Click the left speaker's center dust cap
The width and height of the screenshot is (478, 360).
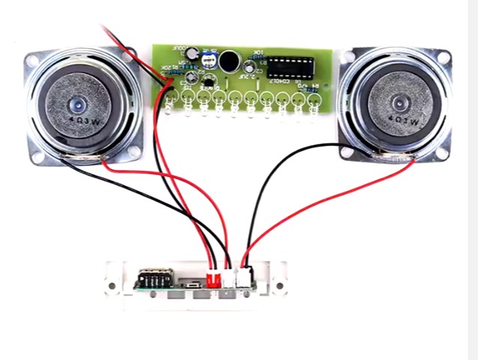click(77, 104)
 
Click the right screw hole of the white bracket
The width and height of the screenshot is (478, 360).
click(282, 285)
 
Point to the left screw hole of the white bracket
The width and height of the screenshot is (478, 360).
click(113, 285)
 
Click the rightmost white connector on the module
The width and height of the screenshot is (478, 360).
click(244, 277)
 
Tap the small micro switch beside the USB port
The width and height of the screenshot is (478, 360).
click(194, 284)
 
